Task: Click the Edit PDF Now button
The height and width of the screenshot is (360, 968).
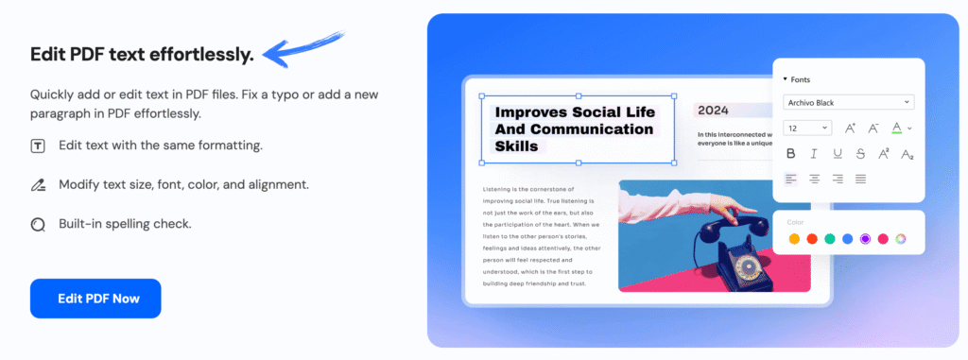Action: (x=95, y=299)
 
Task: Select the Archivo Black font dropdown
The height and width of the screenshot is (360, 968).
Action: (x=848, y=102)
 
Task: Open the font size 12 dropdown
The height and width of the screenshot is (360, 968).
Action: (x=807, y=128)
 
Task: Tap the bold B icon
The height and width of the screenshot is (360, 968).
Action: (x=790, y=153)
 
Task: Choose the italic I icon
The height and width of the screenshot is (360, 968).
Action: (x=814, y=153)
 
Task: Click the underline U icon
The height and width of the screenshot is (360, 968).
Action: (x=838, y=153)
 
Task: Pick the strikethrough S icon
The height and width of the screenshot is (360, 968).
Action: (x=860, y=153)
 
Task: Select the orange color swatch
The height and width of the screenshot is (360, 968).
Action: (x=794, y=238)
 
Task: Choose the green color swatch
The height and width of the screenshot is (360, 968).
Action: (x=830, y=238)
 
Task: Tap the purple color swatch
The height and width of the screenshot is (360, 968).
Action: (x=865, y=238)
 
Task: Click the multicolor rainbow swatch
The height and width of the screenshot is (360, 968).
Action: (x=901, y=238)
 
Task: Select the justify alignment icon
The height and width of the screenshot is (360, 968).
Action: (x=860, y=179)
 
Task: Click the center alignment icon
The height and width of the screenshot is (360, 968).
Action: (x=814, y=179)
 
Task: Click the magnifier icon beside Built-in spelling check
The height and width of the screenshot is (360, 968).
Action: (x=38, y=225)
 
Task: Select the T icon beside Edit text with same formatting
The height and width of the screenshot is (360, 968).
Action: (x=38, y=146)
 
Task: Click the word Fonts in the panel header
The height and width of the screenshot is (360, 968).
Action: (x=800, y=79)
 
